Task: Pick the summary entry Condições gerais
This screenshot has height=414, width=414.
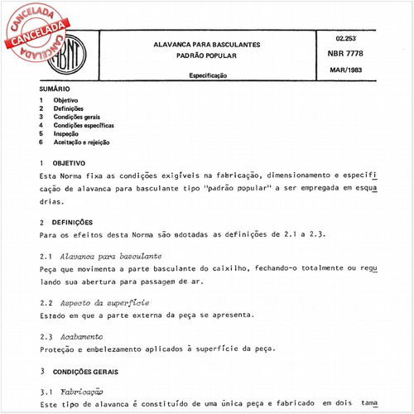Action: [x=77, y=117]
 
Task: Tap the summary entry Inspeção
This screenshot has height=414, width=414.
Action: [x=66, y=133]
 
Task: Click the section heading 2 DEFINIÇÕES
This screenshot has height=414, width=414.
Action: [x=72, y=223]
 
